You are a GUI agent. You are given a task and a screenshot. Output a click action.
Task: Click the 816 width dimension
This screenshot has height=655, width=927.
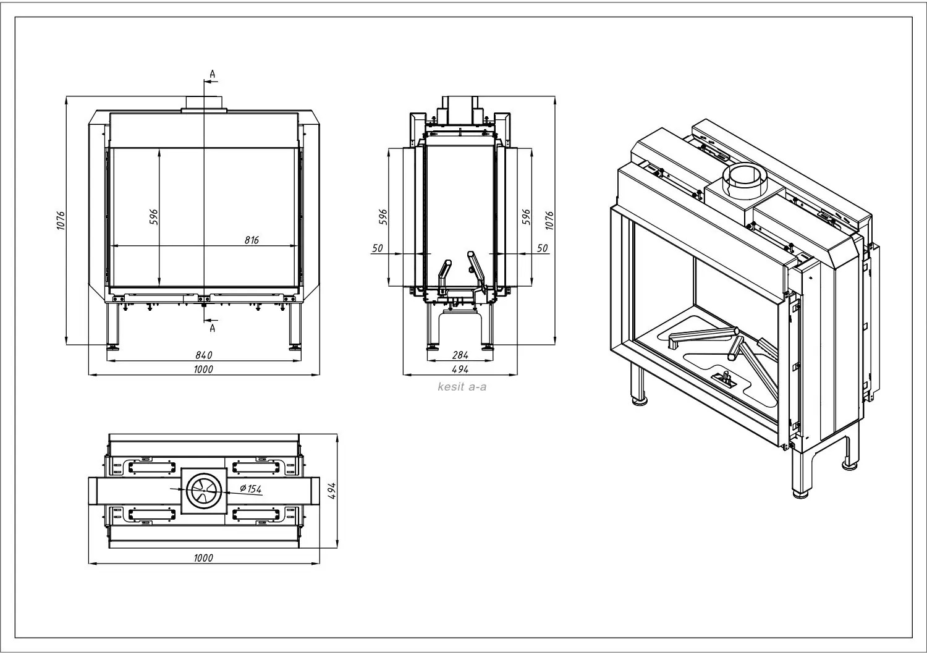[x=250, y=240]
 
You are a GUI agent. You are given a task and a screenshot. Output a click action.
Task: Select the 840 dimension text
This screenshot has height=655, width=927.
[x=204, y=355]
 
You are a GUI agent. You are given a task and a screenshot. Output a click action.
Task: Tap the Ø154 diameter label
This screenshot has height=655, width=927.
[x=250, y=489]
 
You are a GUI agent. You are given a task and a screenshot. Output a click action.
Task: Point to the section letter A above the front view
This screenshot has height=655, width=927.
[x=212, y=74]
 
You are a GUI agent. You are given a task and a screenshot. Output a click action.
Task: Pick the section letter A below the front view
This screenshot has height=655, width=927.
[x=212, y=328]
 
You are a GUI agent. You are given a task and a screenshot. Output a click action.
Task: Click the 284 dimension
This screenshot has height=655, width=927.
[x=460, y=355]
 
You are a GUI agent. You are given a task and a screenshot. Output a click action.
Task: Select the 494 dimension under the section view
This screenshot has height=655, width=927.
[x=460, y=369]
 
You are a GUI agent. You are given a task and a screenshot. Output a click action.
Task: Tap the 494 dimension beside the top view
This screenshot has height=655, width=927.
[x=331, y=491]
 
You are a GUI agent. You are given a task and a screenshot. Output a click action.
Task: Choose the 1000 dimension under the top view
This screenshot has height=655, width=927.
[x=203, y=558]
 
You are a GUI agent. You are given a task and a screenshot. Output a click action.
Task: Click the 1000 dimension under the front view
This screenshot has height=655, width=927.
[x=203, y=369]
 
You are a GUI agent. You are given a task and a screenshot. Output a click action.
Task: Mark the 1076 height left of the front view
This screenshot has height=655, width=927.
[x=61, y=221]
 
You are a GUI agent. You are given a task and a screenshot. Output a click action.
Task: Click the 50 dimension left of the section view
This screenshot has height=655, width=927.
[x=378, y=248]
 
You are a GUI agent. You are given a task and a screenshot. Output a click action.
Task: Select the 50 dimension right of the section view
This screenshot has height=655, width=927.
[x=542, y=248]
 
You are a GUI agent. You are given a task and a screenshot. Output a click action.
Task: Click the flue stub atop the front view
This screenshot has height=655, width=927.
[x=204, y=104]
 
